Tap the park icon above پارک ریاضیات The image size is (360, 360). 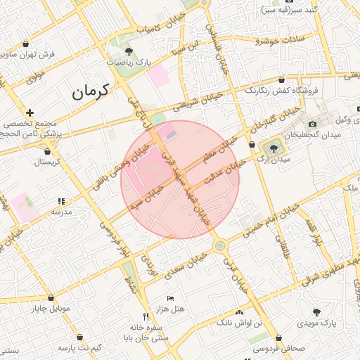[129, 51]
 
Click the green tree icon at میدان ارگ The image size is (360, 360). [273, 148]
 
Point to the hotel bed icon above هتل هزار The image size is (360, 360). [170, 299]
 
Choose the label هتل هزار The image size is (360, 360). [170, 309]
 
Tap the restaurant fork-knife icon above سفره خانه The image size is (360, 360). [146, 316]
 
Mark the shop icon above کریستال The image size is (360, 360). [48, 151]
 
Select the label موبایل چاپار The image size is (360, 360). [52, 307]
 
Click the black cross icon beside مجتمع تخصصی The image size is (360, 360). [30, 112]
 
